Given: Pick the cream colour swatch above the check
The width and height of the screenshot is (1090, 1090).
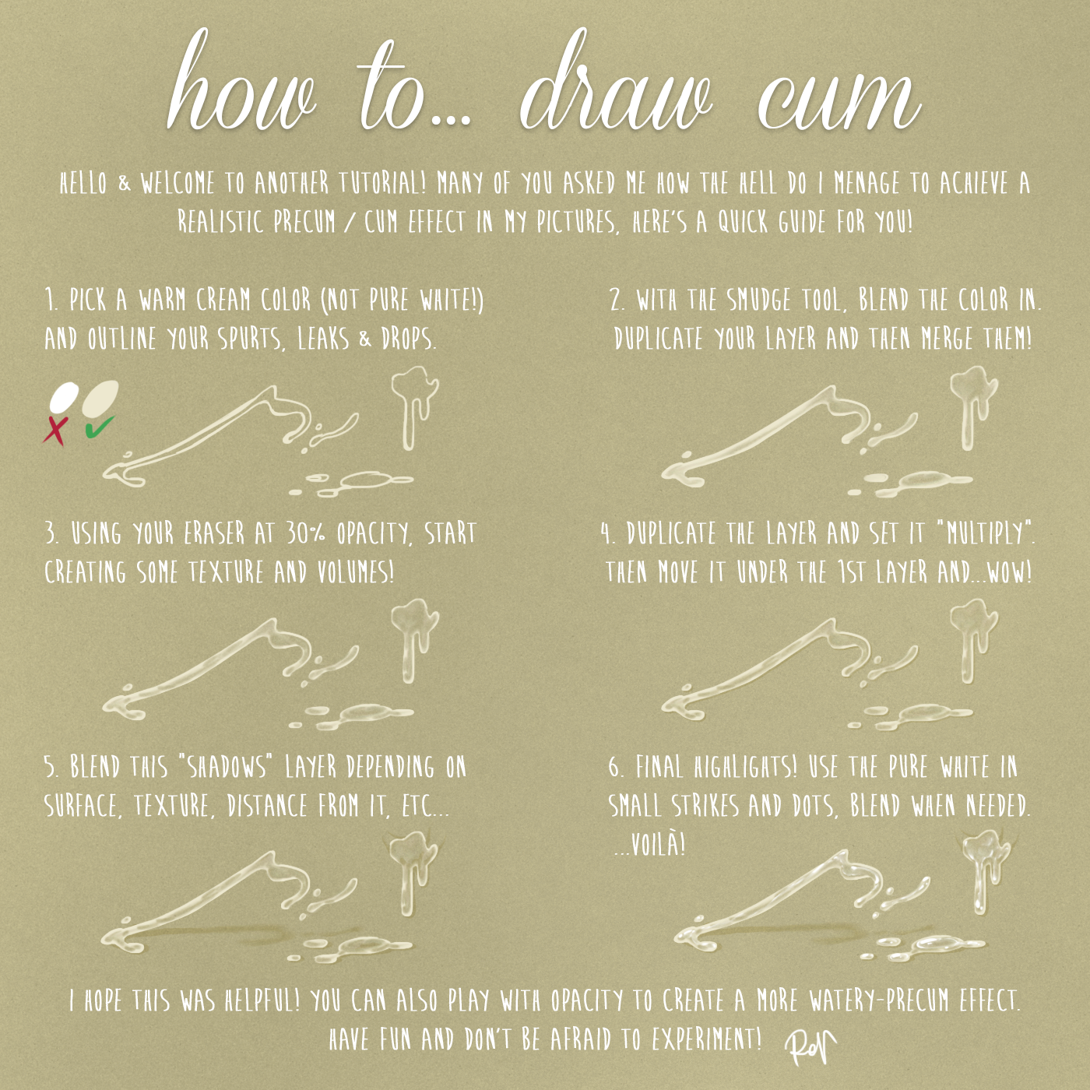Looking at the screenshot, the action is tap(100, 397).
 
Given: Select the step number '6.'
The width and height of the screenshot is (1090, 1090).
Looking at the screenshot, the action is tap(617, 768).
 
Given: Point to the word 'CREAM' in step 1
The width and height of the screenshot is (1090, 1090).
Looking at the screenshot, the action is tap(223, 301).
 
